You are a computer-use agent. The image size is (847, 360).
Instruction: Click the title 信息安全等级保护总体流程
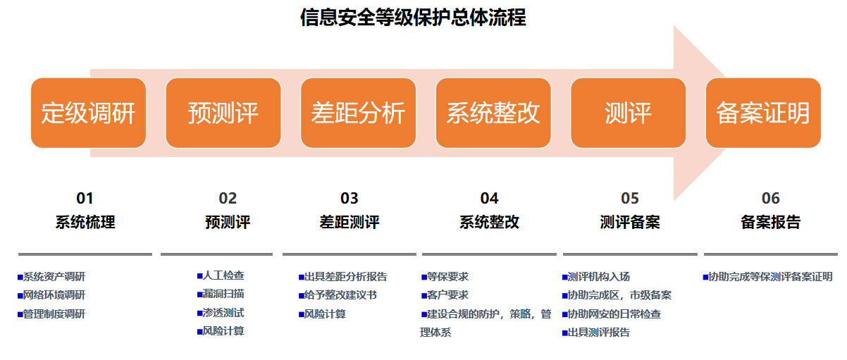[x=413, y=18]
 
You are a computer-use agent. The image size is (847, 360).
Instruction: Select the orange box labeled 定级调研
[x=89, y=113]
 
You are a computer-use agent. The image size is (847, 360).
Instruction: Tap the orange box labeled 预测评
[x=223, y=113]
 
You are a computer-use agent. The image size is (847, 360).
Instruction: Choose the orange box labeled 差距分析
[x=358, y=113]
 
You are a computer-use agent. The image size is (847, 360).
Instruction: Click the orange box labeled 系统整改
[x=493, y=113]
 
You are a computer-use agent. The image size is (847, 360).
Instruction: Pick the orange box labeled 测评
[x=628, y=113]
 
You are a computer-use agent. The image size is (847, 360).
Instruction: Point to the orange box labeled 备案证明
[x=763, y=113]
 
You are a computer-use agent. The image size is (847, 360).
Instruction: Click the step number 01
[x=85, y=198]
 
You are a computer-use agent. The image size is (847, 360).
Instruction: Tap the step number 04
[x=489, y=198]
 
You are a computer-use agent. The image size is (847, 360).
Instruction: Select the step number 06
[x=771, y=198]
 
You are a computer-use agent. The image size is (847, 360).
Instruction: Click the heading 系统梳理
[x=85, y=222]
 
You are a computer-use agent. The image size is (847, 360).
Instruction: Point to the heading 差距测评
[x=350, y=222]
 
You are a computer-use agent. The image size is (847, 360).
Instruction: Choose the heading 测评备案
[x=630, y=222]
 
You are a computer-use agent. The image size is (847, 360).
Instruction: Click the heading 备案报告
[x=771, y=222]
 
